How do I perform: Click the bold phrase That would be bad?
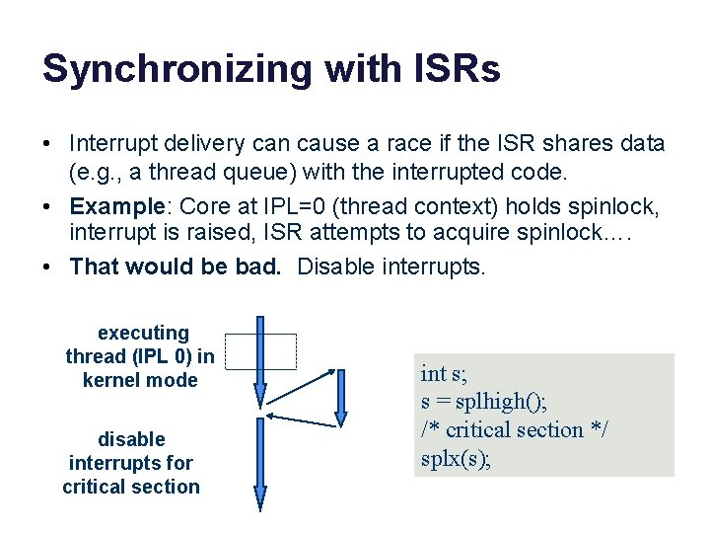(177, 266)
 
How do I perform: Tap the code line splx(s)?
(457, 459)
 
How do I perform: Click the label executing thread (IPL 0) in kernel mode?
(140, 356)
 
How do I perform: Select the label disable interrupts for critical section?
(131, 463)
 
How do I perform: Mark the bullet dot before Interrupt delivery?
(47, 144)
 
